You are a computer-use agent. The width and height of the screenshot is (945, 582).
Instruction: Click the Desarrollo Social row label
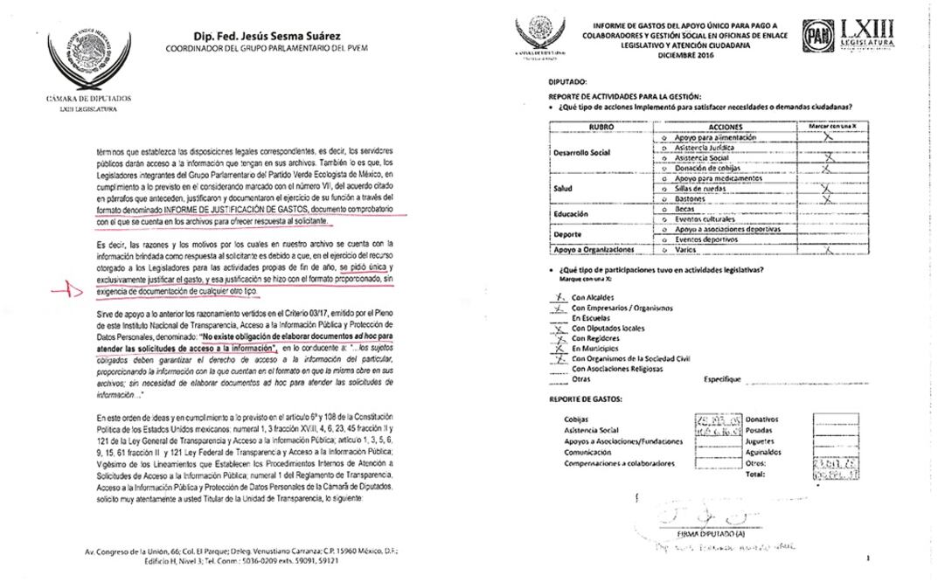[585, 153]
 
